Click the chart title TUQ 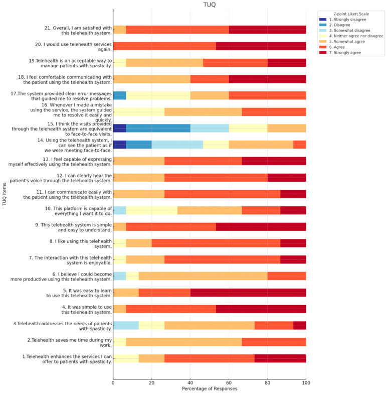coord(209,5)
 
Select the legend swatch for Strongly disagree coord(323,20)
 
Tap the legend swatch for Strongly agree coord(323,53)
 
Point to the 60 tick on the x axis coord(229,383)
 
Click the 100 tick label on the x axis coord(306,383)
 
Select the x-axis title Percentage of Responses coord(210,388)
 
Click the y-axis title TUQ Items coord(4,194)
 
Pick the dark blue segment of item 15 coord(120,128)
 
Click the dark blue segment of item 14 coord(120,145)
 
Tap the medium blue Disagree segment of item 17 coord(120,95)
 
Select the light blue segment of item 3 coord(126,325)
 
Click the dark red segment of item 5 coord(248,293)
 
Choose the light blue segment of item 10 coord(120,210)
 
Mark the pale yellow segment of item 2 coord(120,342)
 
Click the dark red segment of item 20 coord(261,46)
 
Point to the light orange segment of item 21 coord(120,30)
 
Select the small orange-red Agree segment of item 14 coord(300,145)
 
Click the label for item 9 coord(73,227)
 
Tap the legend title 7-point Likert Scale coord(351,14)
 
